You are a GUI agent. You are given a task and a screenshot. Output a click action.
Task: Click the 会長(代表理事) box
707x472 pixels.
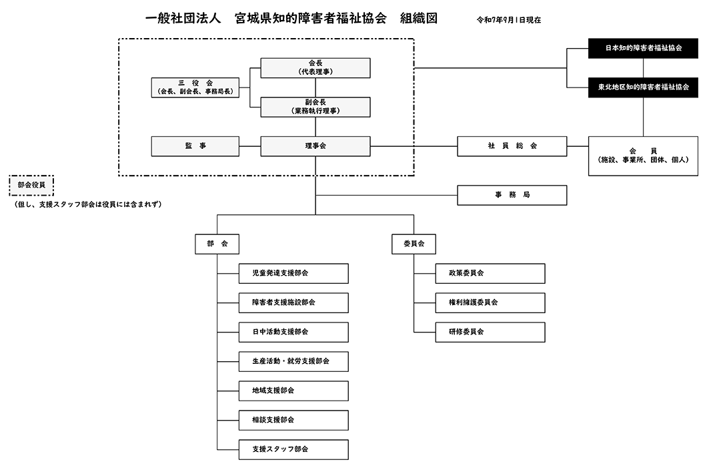point(315,67)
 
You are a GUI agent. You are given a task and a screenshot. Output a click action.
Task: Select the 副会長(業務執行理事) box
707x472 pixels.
point(315,107)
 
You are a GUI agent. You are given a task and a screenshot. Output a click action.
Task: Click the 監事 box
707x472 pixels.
point(195,146)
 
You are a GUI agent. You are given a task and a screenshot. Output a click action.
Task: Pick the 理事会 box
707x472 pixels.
point(315,146)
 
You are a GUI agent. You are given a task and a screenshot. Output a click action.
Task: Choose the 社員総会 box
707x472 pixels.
point(512,146)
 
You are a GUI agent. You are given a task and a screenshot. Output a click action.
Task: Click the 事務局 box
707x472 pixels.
point(512,195)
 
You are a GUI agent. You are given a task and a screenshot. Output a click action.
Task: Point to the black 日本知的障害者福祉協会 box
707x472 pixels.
point(643,48)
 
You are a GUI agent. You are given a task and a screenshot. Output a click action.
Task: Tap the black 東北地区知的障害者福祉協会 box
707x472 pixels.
point(643,87)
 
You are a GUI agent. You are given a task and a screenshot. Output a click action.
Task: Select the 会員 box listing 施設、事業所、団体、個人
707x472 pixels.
point(643,156)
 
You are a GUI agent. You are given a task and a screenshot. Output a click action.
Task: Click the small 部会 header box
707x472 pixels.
point(217,245)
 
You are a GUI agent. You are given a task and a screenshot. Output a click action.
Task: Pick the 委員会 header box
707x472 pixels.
point(414,245)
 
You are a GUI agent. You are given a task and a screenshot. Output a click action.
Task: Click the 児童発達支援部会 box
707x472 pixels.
point(293,273)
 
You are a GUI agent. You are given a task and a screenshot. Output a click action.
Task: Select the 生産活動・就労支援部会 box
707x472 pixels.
point(293,361)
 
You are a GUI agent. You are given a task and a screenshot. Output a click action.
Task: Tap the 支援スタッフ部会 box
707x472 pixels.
point(293,449)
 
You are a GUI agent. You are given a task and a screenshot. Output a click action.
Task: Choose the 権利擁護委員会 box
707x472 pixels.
point(490,302)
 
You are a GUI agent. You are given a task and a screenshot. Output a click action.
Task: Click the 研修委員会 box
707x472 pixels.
point(490,332)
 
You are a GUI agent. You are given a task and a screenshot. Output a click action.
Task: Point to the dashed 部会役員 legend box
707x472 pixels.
point(31,185)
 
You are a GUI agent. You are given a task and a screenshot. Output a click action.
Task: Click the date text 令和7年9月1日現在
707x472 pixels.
point(508,20)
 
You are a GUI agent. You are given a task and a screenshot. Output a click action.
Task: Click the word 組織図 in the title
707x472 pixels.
point(419,19)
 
